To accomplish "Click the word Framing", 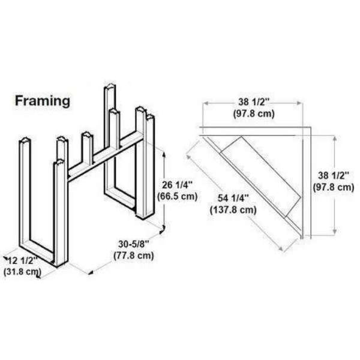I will [42, 101].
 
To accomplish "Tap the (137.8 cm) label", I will [234, 211].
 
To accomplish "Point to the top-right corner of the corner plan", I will [311, 127].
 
